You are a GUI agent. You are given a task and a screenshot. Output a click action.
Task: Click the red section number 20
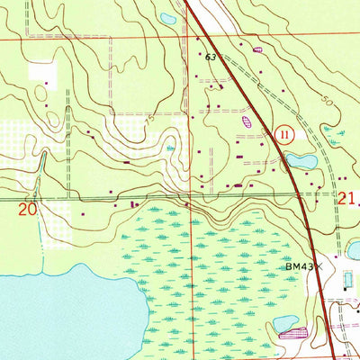coord(28,210)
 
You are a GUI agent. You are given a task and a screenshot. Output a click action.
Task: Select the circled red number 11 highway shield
coord(285,133)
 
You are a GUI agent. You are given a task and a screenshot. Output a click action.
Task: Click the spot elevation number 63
coord(211,57)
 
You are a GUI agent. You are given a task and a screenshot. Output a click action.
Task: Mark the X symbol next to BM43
coord(318,267)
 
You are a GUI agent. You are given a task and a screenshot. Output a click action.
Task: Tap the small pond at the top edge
coord(166,18)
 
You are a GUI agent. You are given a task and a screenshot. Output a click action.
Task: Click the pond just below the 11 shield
coord(299,161)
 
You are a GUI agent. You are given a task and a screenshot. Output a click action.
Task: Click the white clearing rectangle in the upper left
coord(41,72)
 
